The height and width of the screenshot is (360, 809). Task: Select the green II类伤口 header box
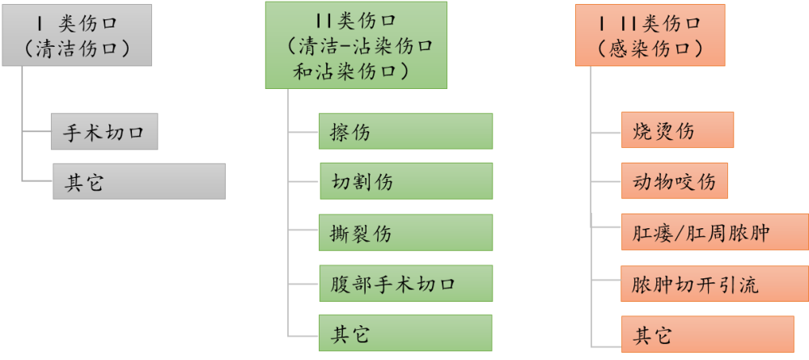point(355,45)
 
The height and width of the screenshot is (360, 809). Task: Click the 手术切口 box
point(104,132)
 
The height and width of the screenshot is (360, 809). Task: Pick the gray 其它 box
point(138,181)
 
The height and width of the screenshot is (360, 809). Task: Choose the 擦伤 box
point(404,131)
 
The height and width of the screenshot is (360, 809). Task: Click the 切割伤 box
point(404,181)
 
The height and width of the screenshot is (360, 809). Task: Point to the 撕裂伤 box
point(404,232)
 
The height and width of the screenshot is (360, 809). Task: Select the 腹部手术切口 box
point(404,283)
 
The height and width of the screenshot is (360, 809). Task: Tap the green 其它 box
point(404,333)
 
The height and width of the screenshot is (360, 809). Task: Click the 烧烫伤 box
point(677,130)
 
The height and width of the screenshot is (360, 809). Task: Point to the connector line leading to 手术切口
point(36,132)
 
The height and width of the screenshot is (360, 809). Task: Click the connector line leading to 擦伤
point(303,131)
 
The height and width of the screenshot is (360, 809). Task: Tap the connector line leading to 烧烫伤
point(607,130)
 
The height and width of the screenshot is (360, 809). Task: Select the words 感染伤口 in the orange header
point(650,49)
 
